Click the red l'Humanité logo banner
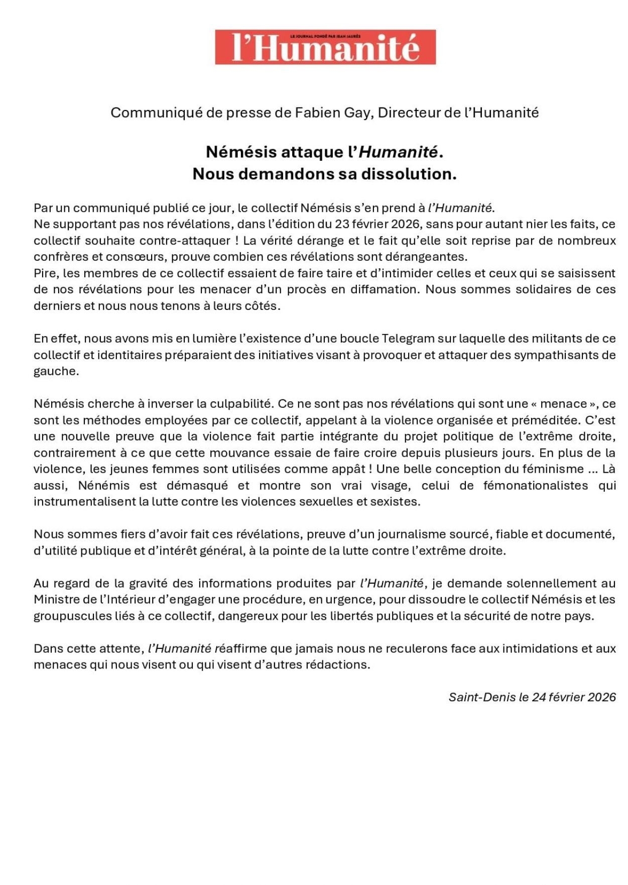(325, 47)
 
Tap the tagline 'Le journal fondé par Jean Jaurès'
(325, 36)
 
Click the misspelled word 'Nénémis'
(104, 486)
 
